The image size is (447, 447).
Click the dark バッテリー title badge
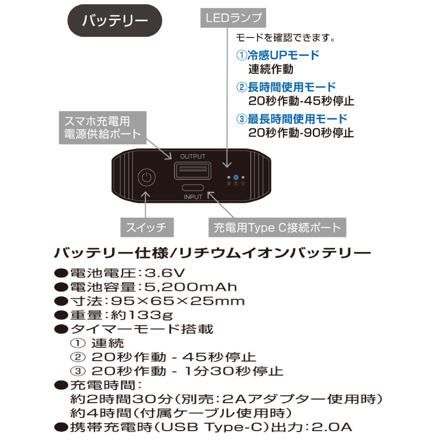(x=115, y=20)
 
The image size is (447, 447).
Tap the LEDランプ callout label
(x=233, y=18)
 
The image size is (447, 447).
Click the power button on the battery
(x=146, y=178)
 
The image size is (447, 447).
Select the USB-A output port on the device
(x=193, y=171)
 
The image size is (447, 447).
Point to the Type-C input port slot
(x=193, y=187)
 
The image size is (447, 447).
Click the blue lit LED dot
(x=236, y=177)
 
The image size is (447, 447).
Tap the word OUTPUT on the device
(x=193, y=156)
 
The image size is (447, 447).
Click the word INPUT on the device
(x=193, y=197)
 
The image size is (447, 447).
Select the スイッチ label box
(x=147, y=227)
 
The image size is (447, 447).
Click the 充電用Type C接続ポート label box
(x=277, y=227)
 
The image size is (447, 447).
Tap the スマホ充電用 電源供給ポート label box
(x=102, y=128)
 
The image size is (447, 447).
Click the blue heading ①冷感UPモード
(x=278, y=55)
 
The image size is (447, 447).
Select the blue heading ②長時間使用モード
(x=286, y=87)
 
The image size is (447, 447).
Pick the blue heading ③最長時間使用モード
(x=292, y=119)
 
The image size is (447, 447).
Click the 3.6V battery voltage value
(x=165, y=273)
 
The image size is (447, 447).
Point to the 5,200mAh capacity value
(x=191, y=287)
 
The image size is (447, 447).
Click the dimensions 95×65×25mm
(x=178, y=301)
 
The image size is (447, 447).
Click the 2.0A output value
(x=332, y=427)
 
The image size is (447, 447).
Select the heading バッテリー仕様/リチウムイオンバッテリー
(x=212, y=253)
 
